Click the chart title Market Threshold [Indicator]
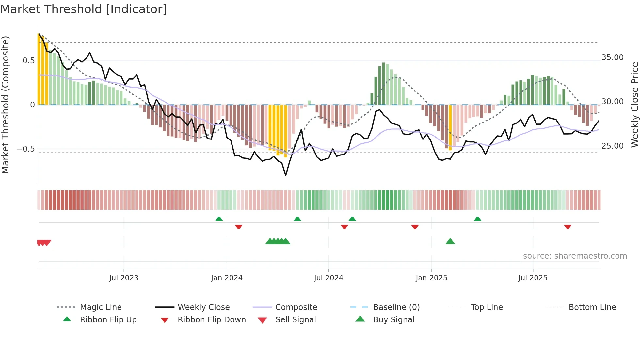tap(84, 9)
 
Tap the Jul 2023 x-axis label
tap(124, 278)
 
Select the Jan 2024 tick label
tap(227, 278)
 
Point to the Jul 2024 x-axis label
tap(328, 278)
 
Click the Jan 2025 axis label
tap(431, 278)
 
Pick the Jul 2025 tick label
tap(533, 278)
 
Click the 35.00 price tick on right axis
tap(613, 57)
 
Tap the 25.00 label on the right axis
tap(613, 146)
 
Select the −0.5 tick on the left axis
tap(25, 149)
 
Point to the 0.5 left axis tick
tap(28, 61)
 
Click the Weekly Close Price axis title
tap(634, 105)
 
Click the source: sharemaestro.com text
tap(575, 256)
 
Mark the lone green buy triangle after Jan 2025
tap(450, 241)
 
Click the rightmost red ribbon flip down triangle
tap(568, 227)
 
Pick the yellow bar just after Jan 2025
tap(450, 127)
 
